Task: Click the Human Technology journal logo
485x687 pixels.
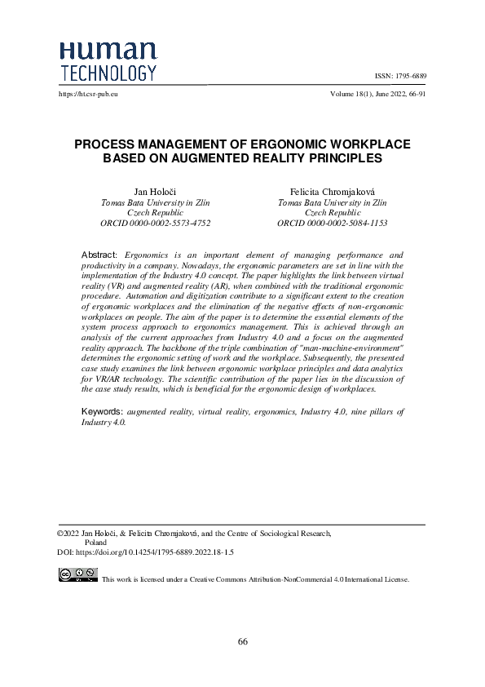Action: click(108, 61)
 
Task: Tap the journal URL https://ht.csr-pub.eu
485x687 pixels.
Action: click(89, 95)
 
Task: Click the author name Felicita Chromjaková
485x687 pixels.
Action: click(332, 191)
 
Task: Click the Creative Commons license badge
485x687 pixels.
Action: click(77, 575)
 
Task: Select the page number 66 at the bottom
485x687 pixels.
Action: click(243, 641)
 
